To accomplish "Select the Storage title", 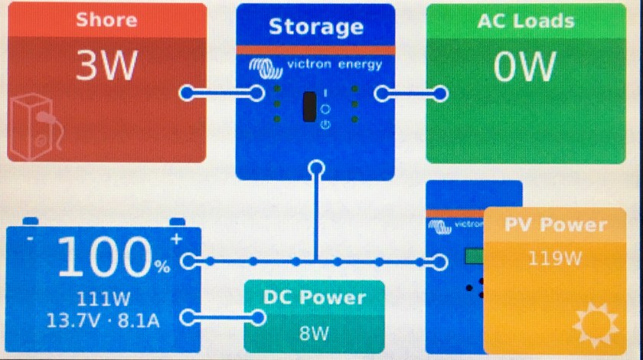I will [315, 27].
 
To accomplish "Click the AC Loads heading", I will [525, 21].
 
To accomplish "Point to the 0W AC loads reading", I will [524, 67].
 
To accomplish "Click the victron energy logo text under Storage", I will [334, 65].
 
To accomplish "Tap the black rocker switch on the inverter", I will [310, 106].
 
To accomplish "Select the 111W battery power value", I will [101, 298].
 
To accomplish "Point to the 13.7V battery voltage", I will [73, 319].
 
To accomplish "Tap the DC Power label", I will [315, 298].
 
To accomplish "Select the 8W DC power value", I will [315, 333].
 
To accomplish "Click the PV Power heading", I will [556, 225].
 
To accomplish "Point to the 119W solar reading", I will [556, 258].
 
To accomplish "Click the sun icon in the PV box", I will [596, 323].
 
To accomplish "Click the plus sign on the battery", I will [177, 239].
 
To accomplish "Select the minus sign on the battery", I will [29, 239].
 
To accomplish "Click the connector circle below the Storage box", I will [315, 169].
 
